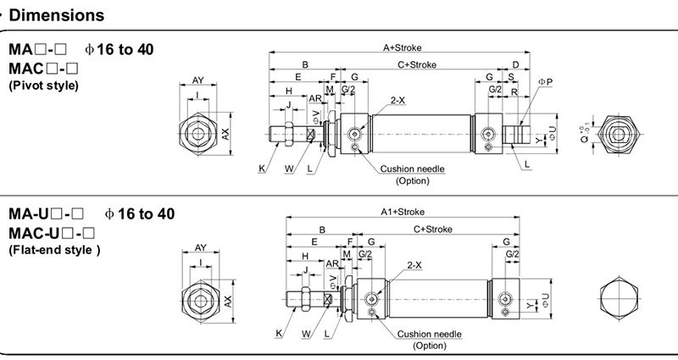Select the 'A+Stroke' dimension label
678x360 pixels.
pyautogui.click(x=402, y=47)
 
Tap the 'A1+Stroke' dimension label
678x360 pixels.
pyautogui.click(x=402, y=212)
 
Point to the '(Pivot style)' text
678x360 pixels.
pyautogui.click(x=43, y=86)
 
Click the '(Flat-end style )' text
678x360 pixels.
pyautogui.click(x=54, y=250)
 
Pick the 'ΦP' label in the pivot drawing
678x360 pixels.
pyautogui.click(x=545, y=81)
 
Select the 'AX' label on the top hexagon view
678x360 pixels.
pyautogui.click(x=226, y=134)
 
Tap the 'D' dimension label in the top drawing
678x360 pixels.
pyautogui.click(x=515, y=64)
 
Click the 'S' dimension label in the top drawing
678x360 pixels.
pyautogui.click(x=511, y=77)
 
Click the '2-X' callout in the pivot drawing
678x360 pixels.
pyautogui.click(x=397, y=101)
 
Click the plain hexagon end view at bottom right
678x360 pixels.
pyautogui.click(x=617, y=298)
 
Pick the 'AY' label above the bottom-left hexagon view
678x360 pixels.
pyautogui.click(x=201, y=247)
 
